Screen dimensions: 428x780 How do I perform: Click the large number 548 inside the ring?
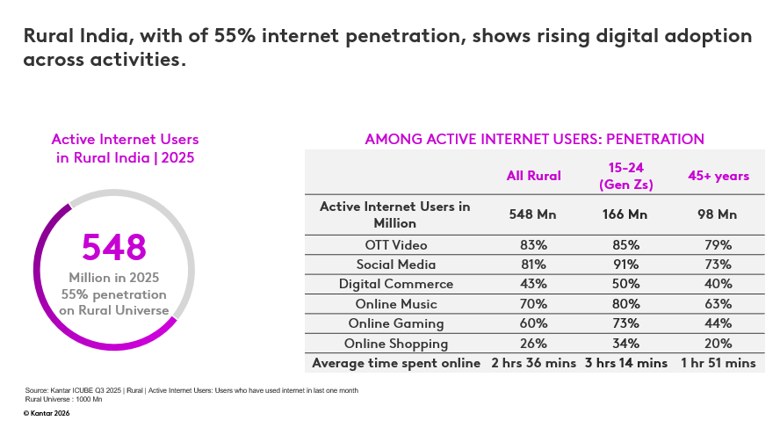coord(114,247)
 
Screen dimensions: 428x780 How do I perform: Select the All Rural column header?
coord(533,176)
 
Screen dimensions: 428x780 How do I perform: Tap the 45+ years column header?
coord(718,176)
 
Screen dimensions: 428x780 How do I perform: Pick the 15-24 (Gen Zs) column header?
coord(625,176)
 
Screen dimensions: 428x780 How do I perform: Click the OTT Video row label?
coord(394,244)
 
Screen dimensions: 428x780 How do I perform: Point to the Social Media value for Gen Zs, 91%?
coord(625,264)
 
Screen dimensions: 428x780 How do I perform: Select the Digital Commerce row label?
coord(396,284)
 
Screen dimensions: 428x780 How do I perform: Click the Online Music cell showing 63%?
coord(718,304)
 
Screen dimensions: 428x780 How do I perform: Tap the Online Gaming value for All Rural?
coord(533,323)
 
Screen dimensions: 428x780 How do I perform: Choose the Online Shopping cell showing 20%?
coord(718,344)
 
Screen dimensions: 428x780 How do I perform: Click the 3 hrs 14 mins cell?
coord(625,363)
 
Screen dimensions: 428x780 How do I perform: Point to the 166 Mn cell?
coord(625,214)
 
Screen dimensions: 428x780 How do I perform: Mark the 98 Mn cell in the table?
coord(718,214)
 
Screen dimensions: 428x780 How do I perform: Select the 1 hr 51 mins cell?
coord(718,363)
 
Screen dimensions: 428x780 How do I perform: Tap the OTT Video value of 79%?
coord(718,244)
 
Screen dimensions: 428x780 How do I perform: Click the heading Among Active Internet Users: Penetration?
coord(534,139)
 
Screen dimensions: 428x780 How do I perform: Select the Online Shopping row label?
coord(396,344)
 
